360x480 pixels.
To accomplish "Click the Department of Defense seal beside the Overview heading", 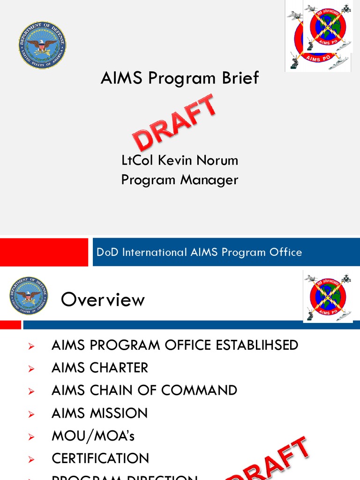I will point(29,296).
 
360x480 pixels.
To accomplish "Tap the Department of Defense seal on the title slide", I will point(43,45).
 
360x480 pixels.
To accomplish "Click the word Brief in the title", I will point(240,78).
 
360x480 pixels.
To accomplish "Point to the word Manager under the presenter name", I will point(212,180).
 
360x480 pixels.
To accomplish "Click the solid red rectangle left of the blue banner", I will point(44,252).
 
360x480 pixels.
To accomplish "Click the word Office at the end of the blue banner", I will point(285,252).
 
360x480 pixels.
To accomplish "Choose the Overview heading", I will point(103,300).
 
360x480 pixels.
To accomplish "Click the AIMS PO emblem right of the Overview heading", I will point(327,296).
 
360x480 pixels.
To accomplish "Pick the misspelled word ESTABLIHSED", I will point(257,345).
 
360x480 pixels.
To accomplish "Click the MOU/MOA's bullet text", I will point(93,436).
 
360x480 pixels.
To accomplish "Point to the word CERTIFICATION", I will point(100,458).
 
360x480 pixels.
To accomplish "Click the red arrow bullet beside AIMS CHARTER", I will point(31,369).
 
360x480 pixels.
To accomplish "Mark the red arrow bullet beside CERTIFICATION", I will point(31,459).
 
